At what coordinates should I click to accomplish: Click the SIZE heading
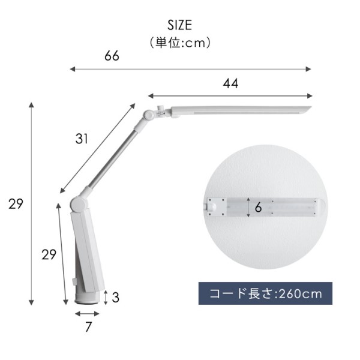click(x=179, y=25)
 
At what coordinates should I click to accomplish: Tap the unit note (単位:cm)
click(x=180, y=43)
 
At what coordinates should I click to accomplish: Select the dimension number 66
click(x=112, y=56)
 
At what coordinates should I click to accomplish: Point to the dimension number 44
click(x=230, y=83)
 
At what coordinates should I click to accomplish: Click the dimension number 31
click(x=82, y=139)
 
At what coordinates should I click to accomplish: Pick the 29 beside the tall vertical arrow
click(x=16, y=203)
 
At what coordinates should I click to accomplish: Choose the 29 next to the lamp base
click(x=49, y=254)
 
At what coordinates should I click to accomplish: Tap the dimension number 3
click(x=115, y=298)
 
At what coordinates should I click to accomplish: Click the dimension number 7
click(x=88, y=327)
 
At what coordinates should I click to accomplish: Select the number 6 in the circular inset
click(x=258, y=208)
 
